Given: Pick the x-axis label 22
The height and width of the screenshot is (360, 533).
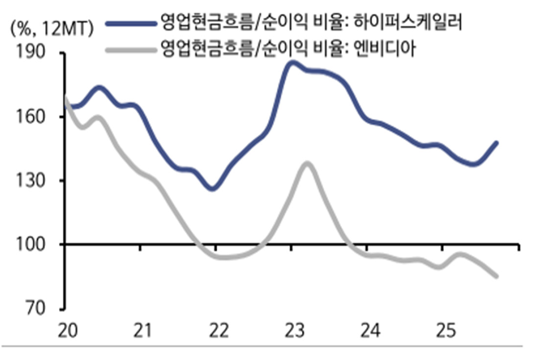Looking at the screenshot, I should [216, 331].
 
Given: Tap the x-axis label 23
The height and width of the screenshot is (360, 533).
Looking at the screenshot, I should [291, 331].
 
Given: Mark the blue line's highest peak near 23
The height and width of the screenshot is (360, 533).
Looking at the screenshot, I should [292, 62].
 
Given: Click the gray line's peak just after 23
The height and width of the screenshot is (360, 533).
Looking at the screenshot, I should [307, 163].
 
